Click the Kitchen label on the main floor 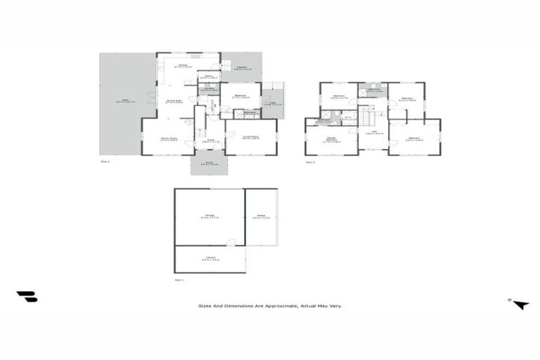tap(184, 65)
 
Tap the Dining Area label tap(174, 102)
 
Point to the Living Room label tap(250, 137)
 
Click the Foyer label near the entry tap(210, 140)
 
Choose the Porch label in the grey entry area tap(209, 165)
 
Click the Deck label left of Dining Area tap(126, 102)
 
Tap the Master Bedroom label tap(332, 140)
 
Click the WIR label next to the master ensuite tap(349, 119)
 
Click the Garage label tap(210, 217)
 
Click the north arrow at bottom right tap(520, 304)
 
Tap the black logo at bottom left tap(27, 297)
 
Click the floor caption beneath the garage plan tap(179, 280)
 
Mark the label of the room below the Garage tap(210, 258)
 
